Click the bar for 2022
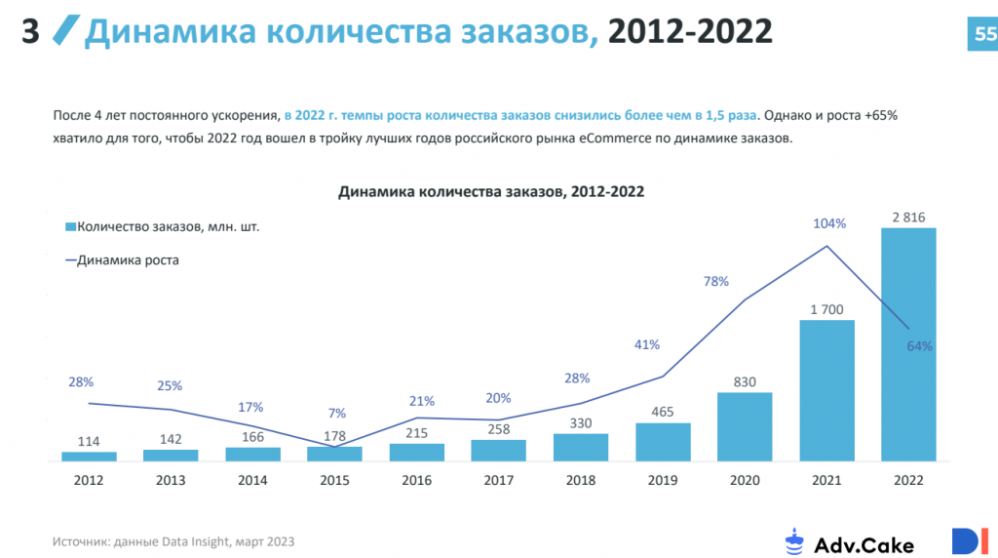pos(908,343)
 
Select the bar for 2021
pos(826,390)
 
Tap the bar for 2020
pos(745,426)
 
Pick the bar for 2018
pos(581,447)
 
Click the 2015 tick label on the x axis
pos(335,480)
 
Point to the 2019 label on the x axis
pos(663,480)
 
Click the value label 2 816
pos(908,217)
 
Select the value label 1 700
pos(826,309)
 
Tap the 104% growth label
pos(829,223)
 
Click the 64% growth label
pos(919,346)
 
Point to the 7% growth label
pos(336,413)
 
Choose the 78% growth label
pos(716,282)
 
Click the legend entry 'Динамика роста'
pos(128,260)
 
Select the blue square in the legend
pos(69,227)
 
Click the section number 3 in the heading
pos(30,32)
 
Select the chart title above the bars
pos(491,192)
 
